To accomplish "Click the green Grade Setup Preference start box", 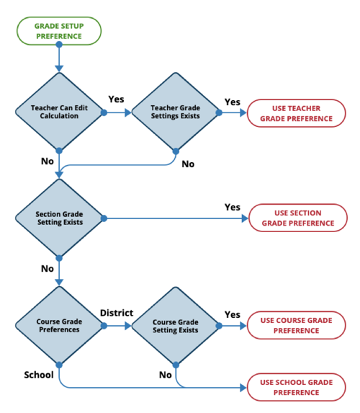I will coord(59,31).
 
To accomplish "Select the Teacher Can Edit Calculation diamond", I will coord(59,112).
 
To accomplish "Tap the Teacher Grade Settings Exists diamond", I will coord(175,112).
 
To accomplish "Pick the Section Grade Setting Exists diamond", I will coord(59,218).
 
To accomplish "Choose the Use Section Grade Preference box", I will coord(297,218).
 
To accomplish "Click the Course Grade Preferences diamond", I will coord(59,326).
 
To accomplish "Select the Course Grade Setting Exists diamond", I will coord(175,326).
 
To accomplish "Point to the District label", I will coord(117,313).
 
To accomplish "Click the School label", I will coord(39,375).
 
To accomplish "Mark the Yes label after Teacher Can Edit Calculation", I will coord(117,99).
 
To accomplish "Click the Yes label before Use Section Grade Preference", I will coord(232,207).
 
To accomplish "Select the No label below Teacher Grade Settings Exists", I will coord(188,164).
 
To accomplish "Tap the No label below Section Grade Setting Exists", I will coord(48,268).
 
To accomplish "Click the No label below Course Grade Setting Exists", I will coord(165,375).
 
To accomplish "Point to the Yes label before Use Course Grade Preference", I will coord(232,314).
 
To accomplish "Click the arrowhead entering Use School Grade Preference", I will coord(243,388).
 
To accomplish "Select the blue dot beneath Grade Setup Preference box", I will coord(59,44).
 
